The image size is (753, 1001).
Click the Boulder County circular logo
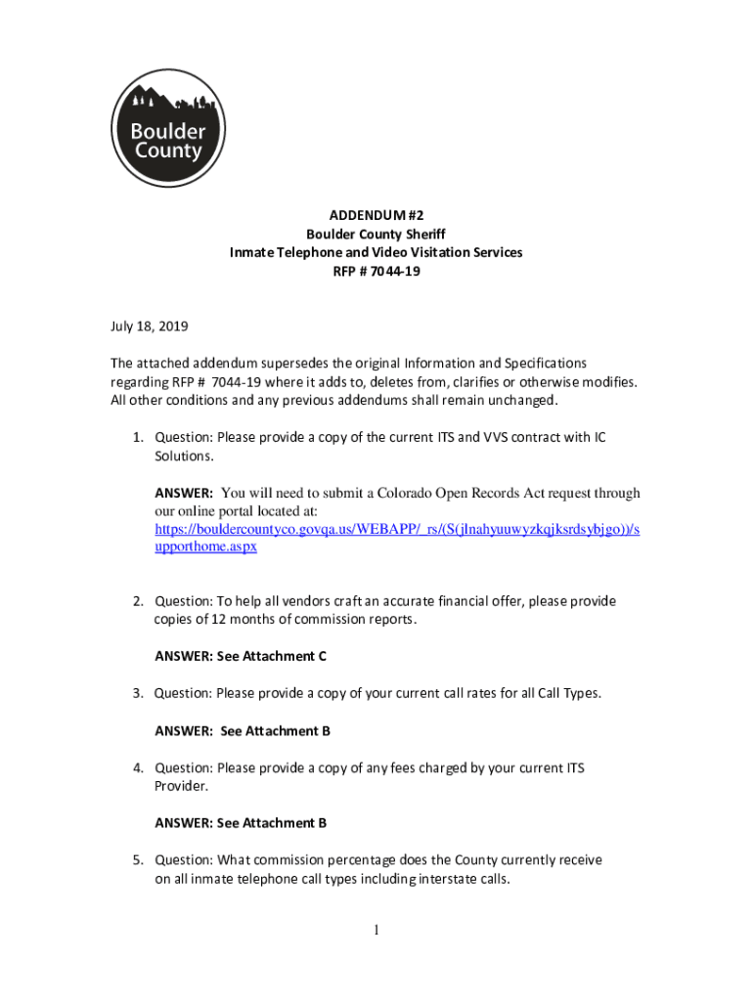click(x=168, y=128)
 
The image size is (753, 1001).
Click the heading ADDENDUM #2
click(x=376, y=215)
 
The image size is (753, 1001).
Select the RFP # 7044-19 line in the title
click(x=376, y=271)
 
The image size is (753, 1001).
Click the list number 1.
click(x=139, y=437)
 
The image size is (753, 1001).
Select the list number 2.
click(x=139, y=601)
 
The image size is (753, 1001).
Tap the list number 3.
click(x=139, y=693)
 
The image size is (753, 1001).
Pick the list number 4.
click(x=139, y=768)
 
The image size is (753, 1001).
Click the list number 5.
click(x=139, y=860)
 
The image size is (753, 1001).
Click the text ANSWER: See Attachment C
click(x=240, y=657)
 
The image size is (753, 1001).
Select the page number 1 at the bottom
click(x=376, y=931)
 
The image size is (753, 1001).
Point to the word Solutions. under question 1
click(x=182, y=457)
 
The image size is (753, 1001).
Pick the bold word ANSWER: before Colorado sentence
click(x=184, y=493)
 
